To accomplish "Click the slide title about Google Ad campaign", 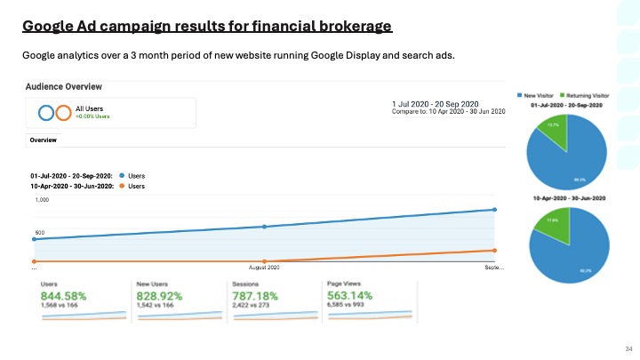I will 207,27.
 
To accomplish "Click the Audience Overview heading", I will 63,86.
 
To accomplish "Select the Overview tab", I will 44,140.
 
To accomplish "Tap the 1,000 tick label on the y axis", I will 42,201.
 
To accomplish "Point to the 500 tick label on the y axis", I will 39,233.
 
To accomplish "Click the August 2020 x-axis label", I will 264,267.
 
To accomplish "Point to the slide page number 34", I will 627,348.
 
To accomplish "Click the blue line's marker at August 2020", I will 265,227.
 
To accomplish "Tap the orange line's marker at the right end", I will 494,251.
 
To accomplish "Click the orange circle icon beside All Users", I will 63,113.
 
